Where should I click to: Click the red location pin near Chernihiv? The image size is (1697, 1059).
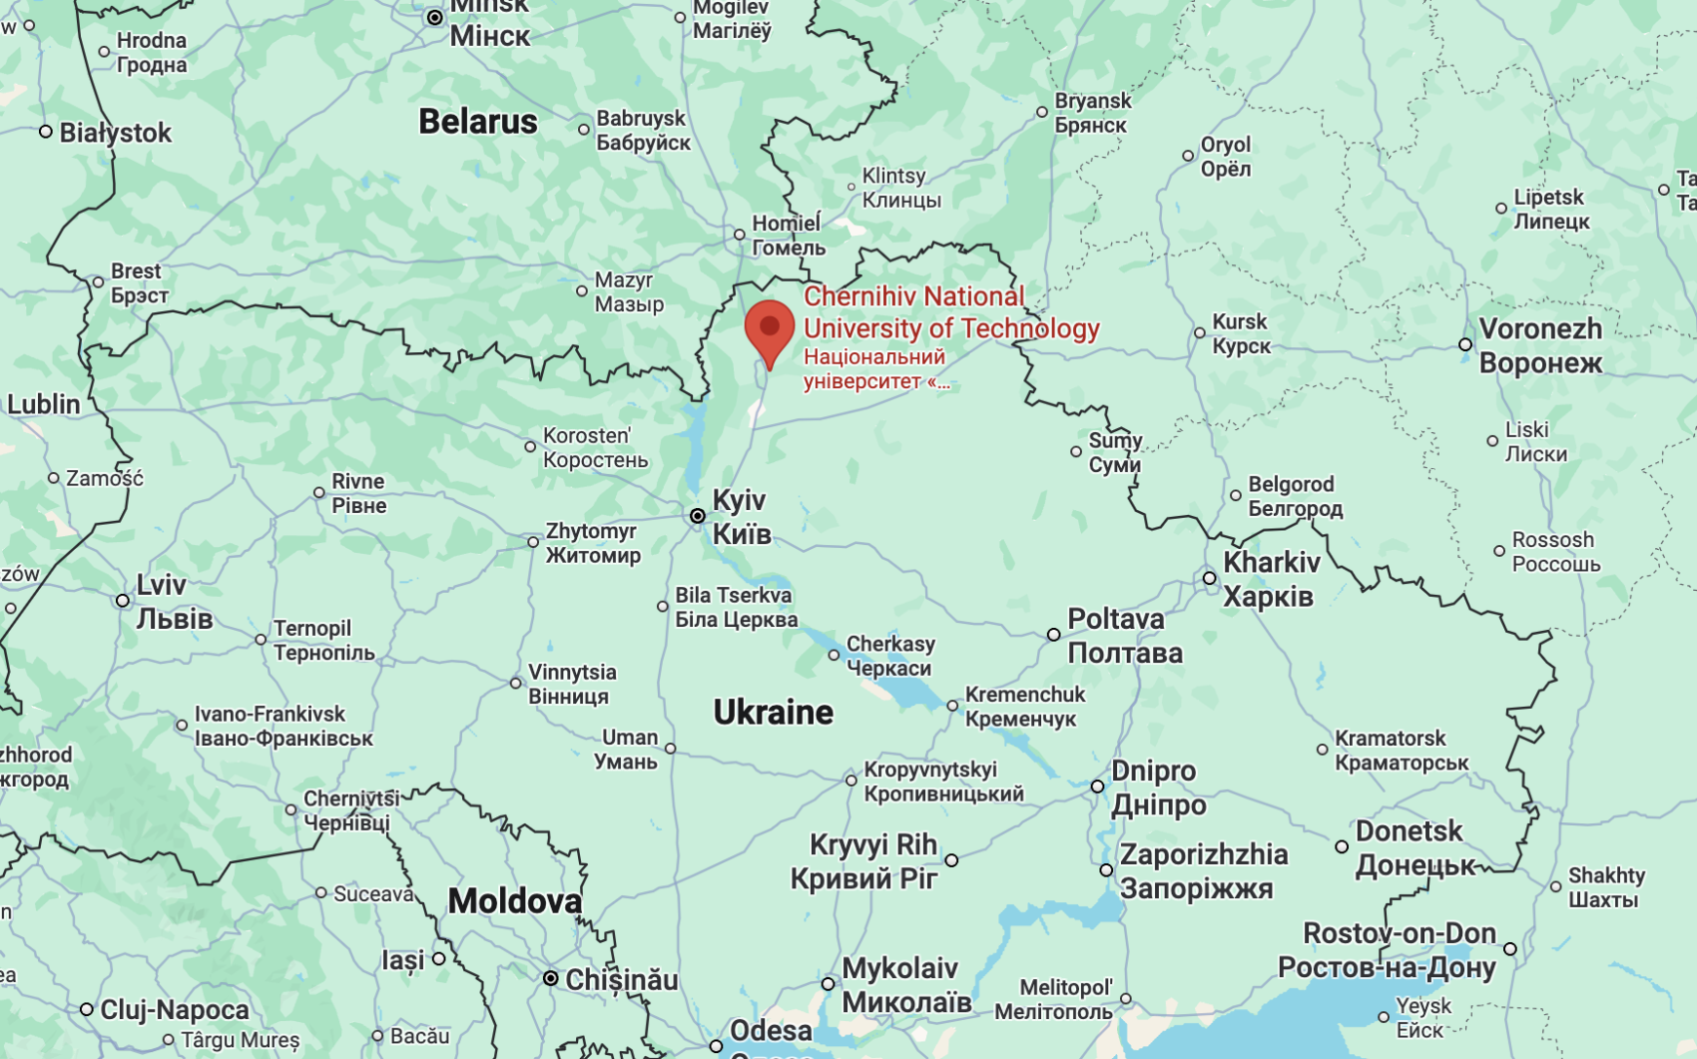pyautogui.click(x=770, y=330)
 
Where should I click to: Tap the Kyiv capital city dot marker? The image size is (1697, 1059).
pyautogui.click(x=698, y=516)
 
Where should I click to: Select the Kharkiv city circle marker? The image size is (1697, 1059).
pyautogui.click(x=1209, y=578)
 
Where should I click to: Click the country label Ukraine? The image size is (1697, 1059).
pyautogui.click(x=773, y=712)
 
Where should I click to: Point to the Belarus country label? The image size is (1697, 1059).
pyautogui.click(x=477, y=122)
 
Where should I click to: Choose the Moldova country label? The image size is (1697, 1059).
pyautogui.click(x=514, y=901)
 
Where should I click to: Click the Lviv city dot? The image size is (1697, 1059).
pyautogui.click(x=123, y=601)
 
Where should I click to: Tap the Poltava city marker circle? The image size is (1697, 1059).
pyautogui.click(x=1053, y=635)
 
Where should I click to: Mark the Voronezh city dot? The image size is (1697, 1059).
pyautogui.click(x=1465, y=344)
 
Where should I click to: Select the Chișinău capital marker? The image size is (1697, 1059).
pyautogui.click(x=550, y=978)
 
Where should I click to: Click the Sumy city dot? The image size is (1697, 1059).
pyautogui.click(x=1076, y=452)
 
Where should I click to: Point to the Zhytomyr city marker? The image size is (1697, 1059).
pyautogui.click(x=533, y=542)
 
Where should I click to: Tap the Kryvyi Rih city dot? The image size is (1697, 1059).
pyautogui.click(x=951, y=860)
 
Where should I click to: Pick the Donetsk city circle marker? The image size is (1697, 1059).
pyautogui.click(x=1342, y=846)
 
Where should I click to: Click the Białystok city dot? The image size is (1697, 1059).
pyautogui.click(x=46, y=132)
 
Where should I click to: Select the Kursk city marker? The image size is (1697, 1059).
pyautogui.click(x=1200, y=333)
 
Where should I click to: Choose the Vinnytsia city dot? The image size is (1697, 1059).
pyautogui.click(x=516, y=684)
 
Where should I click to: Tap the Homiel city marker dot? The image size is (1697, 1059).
pyautogui.click(x=740, y=235)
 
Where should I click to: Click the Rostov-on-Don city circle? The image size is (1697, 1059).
pyautogui.click(x=1510, y=949)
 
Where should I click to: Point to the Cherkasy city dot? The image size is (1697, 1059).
pyautogui.click(x=834, y=656)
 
